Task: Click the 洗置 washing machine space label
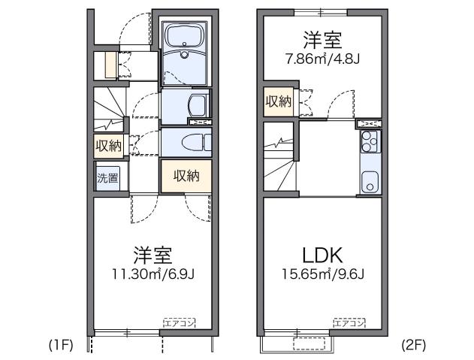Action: click(x=107, y=178)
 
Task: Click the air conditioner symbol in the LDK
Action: click(x=349, y=322)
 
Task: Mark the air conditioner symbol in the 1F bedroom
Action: click(x=179, y=322)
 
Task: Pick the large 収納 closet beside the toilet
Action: click(x=186, y=176)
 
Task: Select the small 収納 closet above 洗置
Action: click(x=107, y=145)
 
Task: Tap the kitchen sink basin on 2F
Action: click(x=370, y=181)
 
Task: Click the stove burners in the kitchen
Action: click(x=370, y=138)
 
